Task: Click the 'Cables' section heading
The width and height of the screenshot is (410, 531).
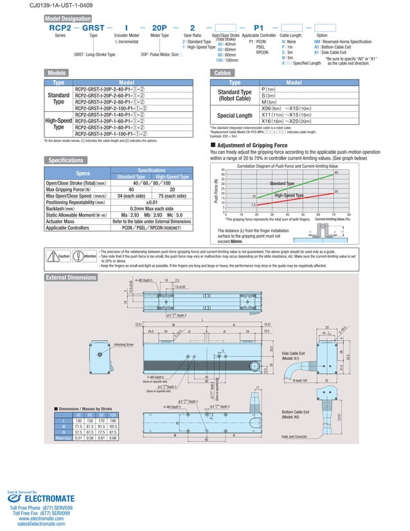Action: pyautogui.click(x=226, y=73)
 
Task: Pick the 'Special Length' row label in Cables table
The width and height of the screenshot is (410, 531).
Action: pyautogui.click(x=235, y=115)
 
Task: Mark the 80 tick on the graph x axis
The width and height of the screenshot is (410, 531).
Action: pyautogui.click(x=349, y=215)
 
